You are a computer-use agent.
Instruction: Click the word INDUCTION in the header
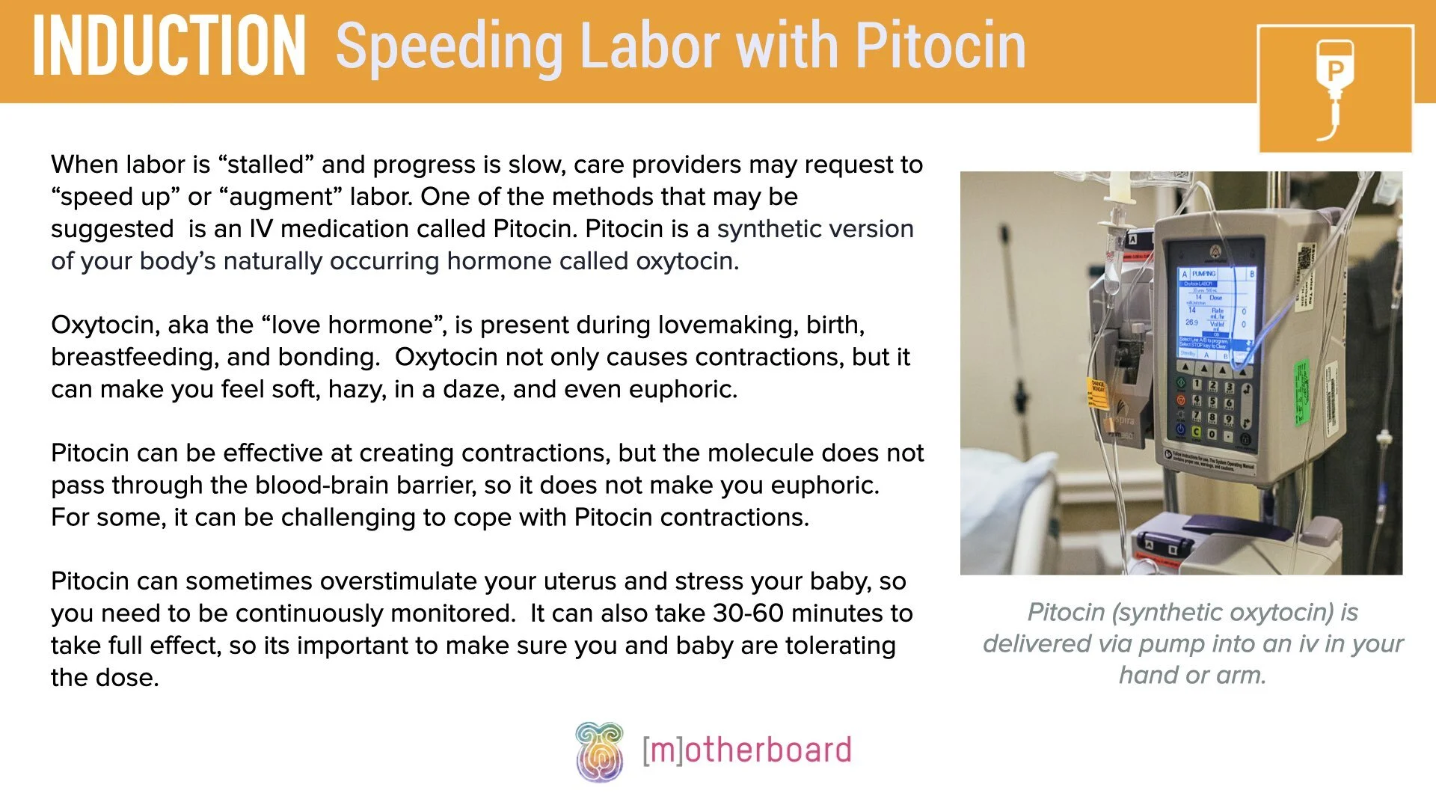(169, 46)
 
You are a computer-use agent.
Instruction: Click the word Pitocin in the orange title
(940, 46)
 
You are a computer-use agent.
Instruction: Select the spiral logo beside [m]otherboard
(599, 751)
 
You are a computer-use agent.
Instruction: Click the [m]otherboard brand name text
(746, 750)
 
